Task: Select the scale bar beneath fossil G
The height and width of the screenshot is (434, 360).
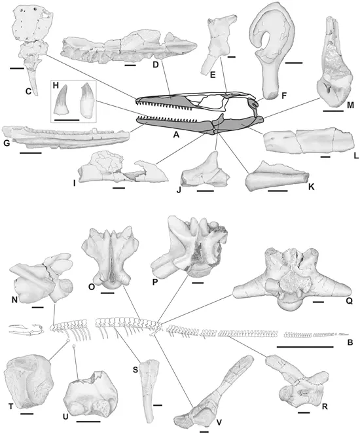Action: tap(30, 153)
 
